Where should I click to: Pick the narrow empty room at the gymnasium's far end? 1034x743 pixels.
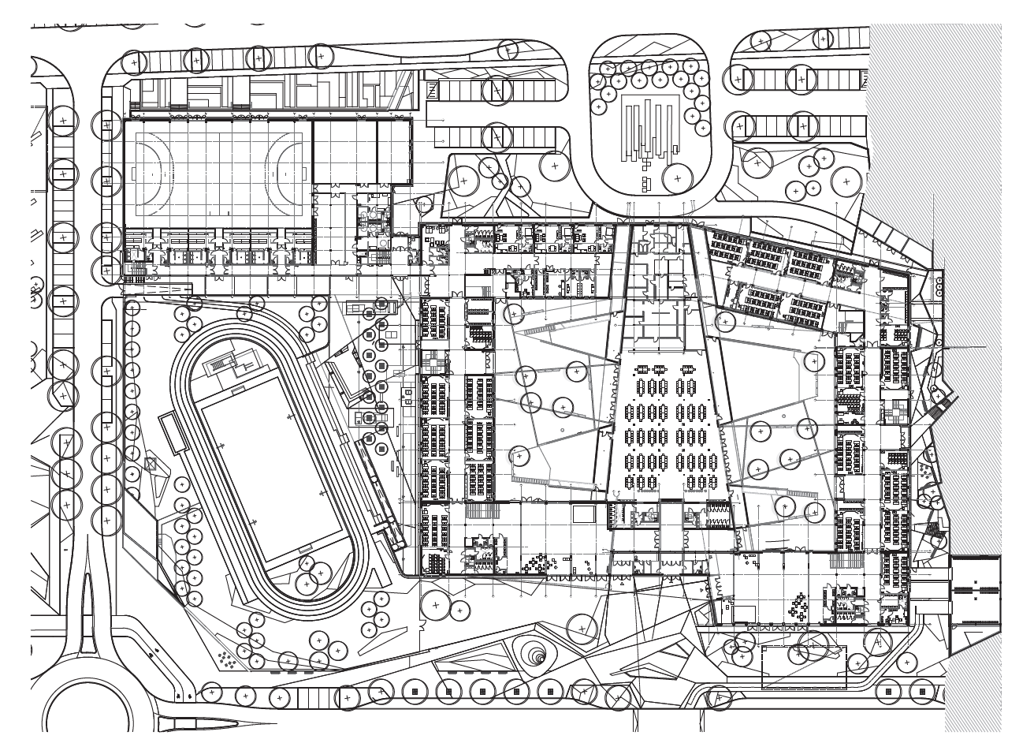tap(394, 151)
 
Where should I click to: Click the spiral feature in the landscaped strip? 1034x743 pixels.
tap(535, 654)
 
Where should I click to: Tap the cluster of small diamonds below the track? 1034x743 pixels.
tap(227, 659)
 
